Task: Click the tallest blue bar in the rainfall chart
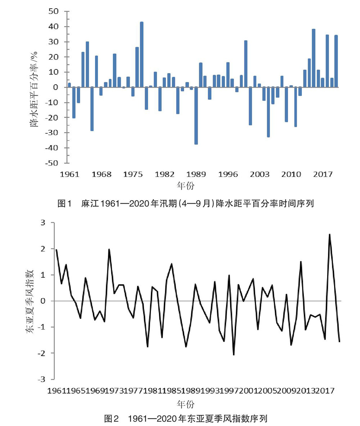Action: (x=141, y=54)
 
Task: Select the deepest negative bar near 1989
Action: (x=196, y=116)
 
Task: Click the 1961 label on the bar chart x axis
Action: (x=70, y=174)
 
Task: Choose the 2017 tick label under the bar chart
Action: (x=323, y=174)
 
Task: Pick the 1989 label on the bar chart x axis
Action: (x=197, y=174)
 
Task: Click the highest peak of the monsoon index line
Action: (x=329, y=235)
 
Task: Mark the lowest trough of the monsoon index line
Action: (x=234, y=355)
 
